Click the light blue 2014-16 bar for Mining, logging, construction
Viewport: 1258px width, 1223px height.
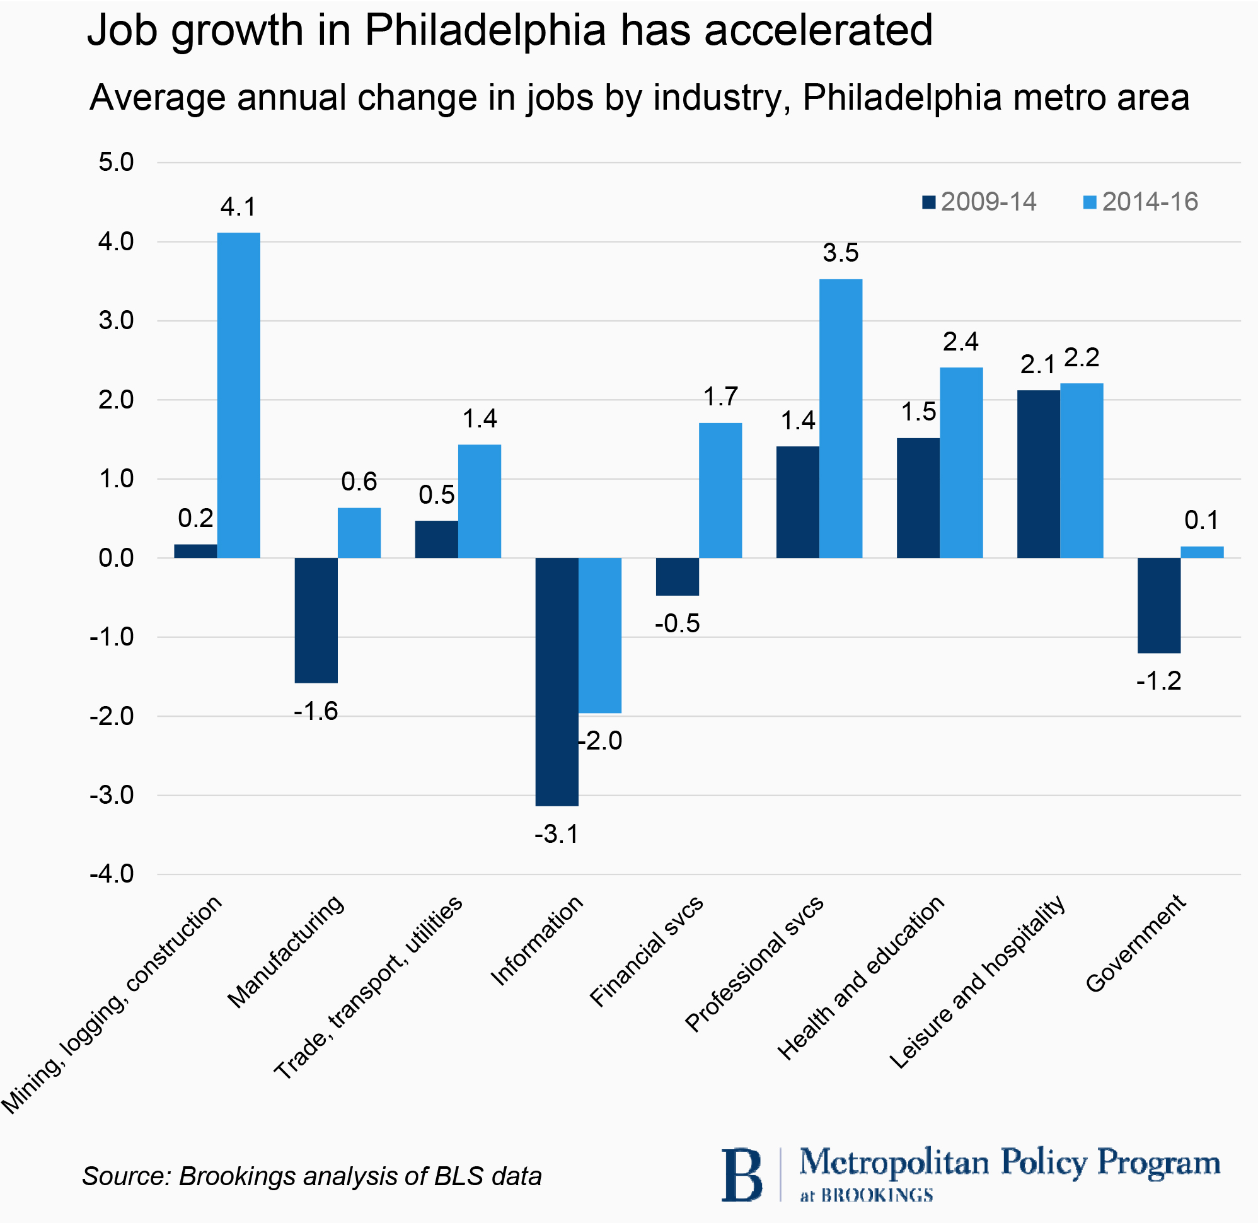point(238,395)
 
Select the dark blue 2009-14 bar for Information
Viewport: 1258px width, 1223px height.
point(557,681)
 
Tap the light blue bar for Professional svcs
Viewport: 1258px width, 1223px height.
point(841,418)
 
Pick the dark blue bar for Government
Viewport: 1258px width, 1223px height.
point(1158,605)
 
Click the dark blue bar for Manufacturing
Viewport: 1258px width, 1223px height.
point(316,620)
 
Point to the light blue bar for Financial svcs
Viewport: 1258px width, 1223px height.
point(720,490)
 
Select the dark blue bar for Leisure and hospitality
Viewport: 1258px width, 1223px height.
point(1039,474)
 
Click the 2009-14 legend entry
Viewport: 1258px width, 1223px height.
point(979,202)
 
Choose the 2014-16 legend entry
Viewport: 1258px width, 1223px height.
point(1141,202)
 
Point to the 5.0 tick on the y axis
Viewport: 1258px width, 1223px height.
point(116,163)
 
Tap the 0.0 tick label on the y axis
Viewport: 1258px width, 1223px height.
point(116,558)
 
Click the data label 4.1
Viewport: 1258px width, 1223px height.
point(238,207)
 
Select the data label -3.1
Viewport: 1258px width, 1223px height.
point(557,834)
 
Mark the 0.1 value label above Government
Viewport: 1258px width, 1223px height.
point(1201,520)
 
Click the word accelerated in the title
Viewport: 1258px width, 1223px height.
point(818,30)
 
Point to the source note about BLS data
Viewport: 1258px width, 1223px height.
point(312,1176)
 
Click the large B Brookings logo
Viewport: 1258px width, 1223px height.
point(742,1175)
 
